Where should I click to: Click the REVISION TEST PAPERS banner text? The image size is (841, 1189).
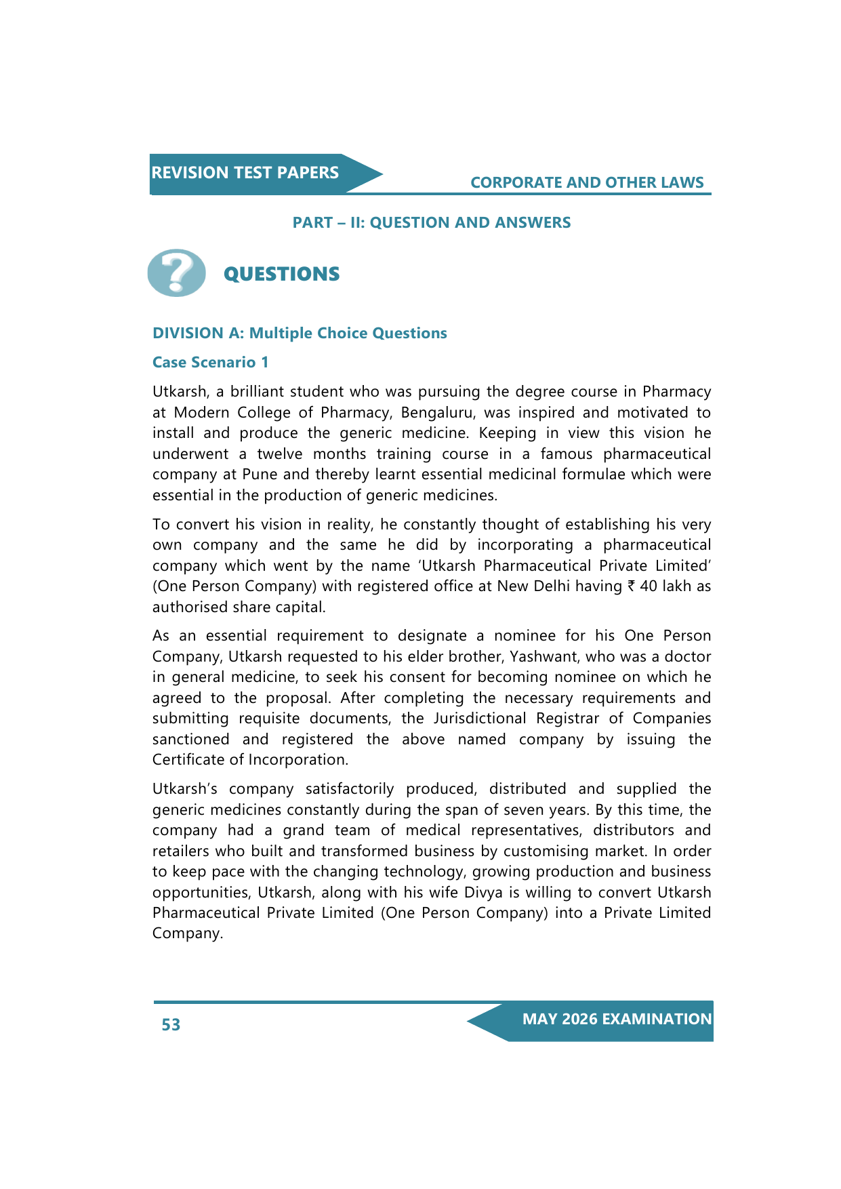click(245, 173)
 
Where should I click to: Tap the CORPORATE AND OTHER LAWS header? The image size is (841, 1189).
click(587, 182)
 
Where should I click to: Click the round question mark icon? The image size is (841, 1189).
click(176, 273)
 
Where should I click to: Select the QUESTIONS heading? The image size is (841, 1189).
click(281, 274)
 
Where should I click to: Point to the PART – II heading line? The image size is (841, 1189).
click(431, 222)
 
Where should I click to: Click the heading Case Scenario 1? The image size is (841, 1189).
click(210, 362)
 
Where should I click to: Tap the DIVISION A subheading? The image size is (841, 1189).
click(300, 333)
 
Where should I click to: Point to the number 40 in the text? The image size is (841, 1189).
click(649, 586)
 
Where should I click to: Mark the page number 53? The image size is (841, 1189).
click(171, 1024)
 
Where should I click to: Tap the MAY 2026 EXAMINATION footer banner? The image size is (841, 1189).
click(617, 1020)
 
